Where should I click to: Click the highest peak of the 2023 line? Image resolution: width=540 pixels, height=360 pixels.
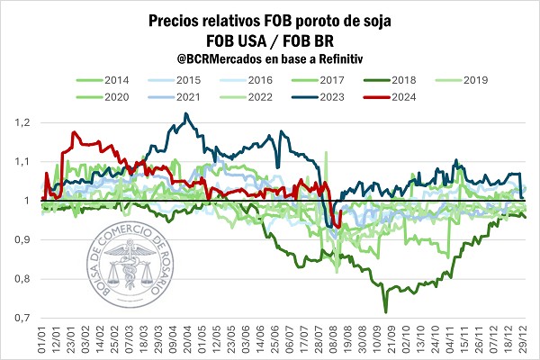point(185,113)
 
